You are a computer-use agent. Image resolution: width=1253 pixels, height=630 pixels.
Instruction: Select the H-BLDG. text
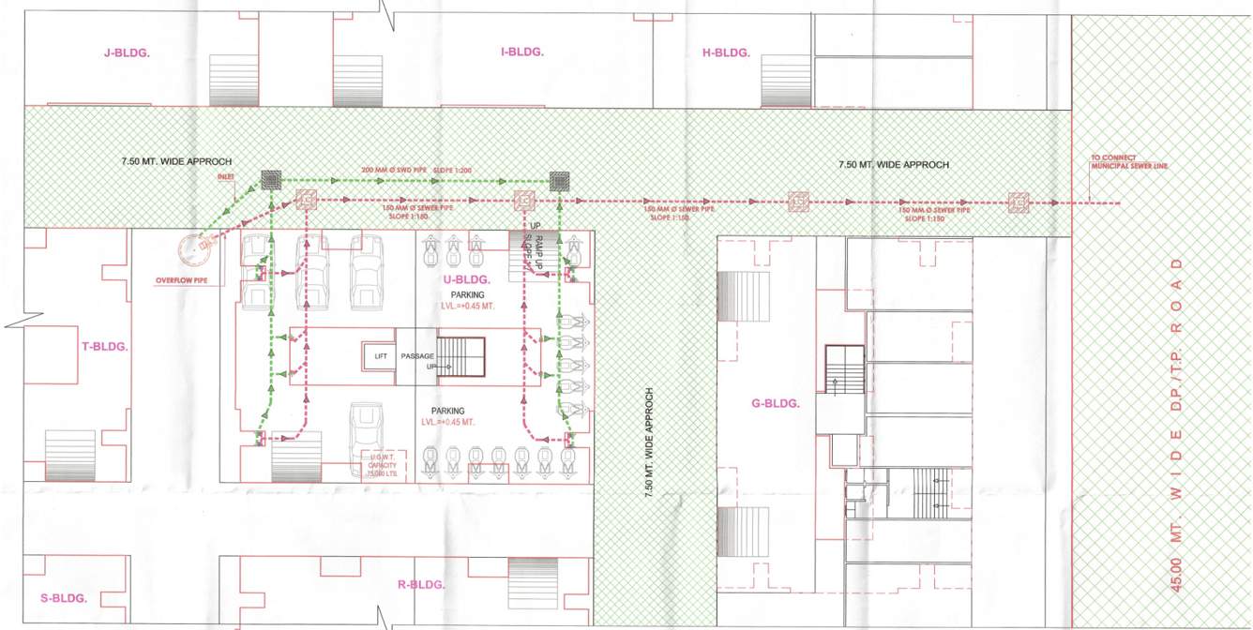tap(726, 53)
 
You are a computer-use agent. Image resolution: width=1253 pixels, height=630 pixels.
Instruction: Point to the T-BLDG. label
tap(105, 346)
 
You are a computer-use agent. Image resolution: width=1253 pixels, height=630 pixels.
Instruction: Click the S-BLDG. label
tap(64, 598)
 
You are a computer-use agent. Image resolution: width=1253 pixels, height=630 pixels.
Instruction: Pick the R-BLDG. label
tap(421, 585)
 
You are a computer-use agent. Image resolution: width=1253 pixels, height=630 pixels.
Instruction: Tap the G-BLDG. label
tap(776, 404)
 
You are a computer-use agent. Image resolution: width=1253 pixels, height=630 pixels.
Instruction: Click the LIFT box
tap(380, 356)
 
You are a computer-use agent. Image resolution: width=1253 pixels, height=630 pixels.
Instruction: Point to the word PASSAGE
tap(416, 356)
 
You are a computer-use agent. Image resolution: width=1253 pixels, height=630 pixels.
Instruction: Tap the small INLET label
tap(225, 176)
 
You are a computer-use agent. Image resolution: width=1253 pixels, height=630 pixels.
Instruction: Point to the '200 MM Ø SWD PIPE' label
tap(396, 171)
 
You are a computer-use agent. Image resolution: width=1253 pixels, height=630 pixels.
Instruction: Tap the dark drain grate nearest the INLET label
tap(272, 178)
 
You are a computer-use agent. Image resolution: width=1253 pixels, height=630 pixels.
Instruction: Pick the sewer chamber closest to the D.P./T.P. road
tap(1018, 202)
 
